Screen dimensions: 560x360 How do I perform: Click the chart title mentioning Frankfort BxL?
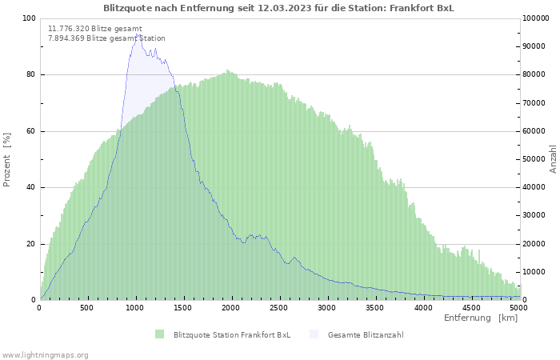[x=279, y=8]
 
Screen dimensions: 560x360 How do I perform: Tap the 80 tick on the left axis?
[x=30, y=74]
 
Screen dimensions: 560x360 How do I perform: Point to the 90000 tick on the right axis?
[x=534, y=46]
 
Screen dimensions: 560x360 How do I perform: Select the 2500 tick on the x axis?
[x=278, y=308]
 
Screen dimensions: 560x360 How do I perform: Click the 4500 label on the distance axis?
[x=470, y=308]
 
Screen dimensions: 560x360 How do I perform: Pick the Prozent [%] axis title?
[x=6, y=160]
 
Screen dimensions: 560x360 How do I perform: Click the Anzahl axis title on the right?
[x=553, y=159]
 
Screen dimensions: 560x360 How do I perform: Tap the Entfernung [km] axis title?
[x=481, y=318]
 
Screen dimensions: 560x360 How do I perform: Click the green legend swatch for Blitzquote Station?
[x=159, y=334]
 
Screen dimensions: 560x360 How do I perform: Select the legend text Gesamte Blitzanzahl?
[x=366, y=335]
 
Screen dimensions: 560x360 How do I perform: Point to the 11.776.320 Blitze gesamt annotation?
[x=95, y=29]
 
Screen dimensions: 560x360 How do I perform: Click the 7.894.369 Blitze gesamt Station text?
[x=106, y=38]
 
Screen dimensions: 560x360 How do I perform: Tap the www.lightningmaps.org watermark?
[x=44, y=355]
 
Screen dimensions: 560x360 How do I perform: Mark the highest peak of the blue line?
[x=137, y=34]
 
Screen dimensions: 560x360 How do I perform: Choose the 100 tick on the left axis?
[x=29, y=18]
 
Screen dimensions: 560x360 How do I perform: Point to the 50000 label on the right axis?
[x=534, y=159]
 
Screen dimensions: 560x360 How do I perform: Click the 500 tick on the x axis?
[x=86, y=308]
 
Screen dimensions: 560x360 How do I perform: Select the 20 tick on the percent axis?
[x=30, y=244]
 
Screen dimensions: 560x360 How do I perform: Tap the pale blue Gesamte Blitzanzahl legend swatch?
[x=314, y=334]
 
